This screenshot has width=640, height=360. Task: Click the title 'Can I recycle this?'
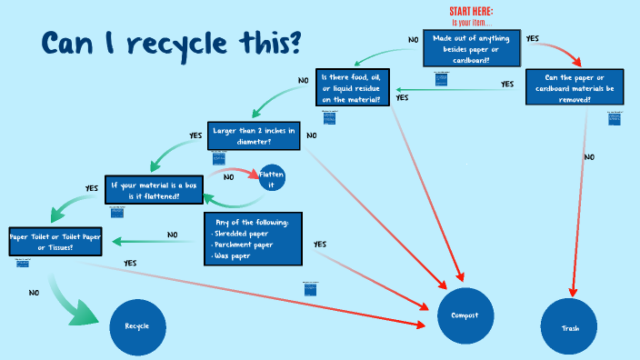170,43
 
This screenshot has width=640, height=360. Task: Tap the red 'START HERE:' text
471,11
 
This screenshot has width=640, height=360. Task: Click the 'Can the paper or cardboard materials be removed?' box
575,87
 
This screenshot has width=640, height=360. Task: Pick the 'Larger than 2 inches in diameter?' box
254,136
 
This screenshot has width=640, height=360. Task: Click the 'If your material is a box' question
152,190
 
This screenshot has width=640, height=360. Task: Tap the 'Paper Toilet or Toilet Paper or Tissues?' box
55,241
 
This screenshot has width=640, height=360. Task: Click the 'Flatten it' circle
271,178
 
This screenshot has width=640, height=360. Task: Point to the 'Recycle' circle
137,325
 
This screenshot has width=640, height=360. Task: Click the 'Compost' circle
465,315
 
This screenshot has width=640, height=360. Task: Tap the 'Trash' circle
569,326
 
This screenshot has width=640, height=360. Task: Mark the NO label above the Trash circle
589,157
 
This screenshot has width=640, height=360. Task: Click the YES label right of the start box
533,38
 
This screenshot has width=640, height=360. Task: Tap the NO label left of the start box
413,40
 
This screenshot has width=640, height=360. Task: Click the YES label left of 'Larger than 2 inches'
195,135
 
